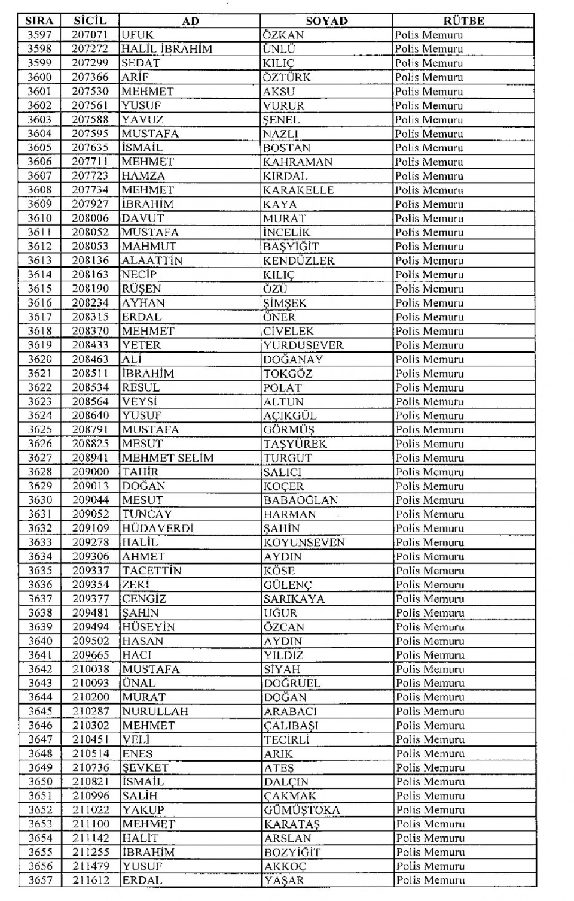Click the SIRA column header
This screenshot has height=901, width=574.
(x=39, y=21)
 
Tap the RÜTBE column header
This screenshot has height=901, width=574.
(x=463, y=21)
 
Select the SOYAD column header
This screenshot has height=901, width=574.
(x=326, y=21)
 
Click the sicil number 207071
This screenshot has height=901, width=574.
(x=90, y=35)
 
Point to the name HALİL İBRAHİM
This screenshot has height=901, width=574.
(x=167, y=49)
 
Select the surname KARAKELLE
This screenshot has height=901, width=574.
(x=298, y=190)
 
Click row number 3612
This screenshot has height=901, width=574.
(x=39, y=246)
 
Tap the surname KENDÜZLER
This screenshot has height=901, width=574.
(x=299, y=260)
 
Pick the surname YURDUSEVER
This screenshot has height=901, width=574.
(x=303, y=345)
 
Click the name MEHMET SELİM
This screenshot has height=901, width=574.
(x=168, y=458)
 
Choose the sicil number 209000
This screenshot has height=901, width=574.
(x=91, y=472)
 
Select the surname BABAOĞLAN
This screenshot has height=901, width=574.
(x=301, y=500)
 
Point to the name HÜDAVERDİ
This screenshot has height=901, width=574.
(x=158, y=528)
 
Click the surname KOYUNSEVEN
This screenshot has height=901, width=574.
(x=304, y=542)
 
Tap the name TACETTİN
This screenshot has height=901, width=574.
(x=152, y=571)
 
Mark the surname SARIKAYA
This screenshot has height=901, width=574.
(x=294, y=599)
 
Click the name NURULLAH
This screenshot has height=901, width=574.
(x=155, y=711)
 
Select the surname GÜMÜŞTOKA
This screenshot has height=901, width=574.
(x=302, y=810)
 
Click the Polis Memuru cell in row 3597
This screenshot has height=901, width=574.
(x=429, y=35)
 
